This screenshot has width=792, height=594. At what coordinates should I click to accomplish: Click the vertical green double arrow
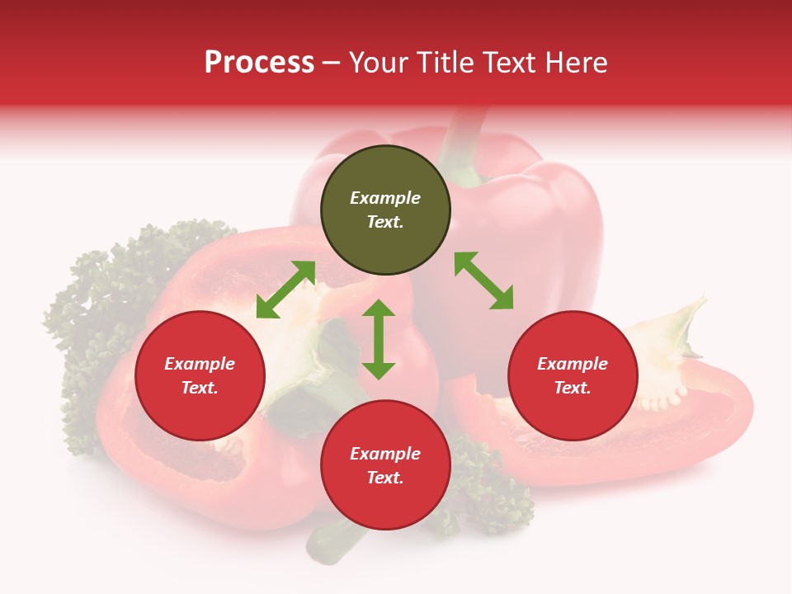(x=379, y=339)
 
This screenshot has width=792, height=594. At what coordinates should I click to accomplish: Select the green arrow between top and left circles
(x=285, y=290)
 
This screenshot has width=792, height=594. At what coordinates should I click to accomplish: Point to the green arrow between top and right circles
(x=484, y=280)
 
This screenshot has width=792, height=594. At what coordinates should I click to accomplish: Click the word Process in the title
(x=259, y=63)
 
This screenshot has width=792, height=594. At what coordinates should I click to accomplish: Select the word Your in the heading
(x=379, y=63)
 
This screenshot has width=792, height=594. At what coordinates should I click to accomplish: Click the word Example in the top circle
(x=385, y=198)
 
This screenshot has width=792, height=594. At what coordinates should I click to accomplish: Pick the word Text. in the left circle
(x=200, y=388)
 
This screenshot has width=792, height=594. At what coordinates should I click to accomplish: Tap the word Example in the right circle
(x=573, y=364)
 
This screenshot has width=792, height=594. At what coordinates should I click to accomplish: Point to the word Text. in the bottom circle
(x=385, y=478)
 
